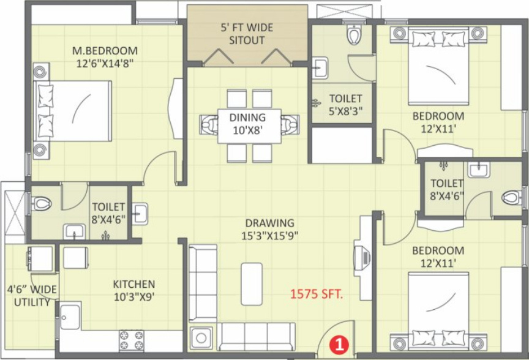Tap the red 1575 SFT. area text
click(317, 294)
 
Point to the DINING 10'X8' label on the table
click(247, 124)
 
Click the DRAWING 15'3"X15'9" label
click(270, 229)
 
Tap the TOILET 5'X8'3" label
click(345, 104)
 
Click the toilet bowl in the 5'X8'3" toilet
click(354, 36)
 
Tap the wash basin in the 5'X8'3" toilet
click(320, 68)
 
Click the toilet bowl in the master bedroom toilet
click(41, 203)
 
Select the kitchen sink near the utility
click(69, 315)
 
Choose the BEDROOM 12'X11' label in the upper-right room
click(438, 121)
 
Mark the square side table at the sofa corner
click(201, 337)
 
